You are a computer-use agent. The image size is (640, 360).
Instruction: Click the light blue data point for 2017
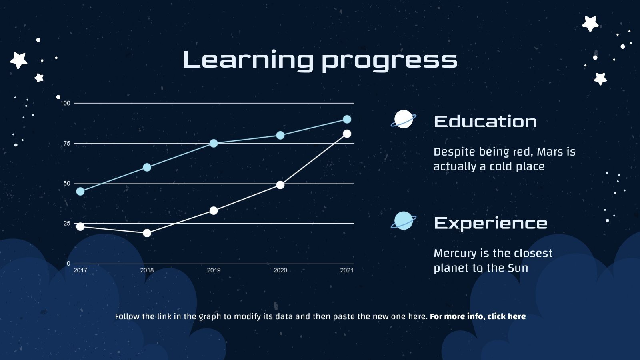point(80,191)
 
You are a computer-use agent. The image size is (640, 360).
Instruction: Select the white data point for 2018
point(147,233)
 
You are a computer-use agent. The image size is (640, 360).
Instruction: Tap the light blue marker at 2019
point(214,143)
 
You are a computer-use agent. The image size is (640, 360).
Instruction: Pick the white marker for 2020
point(280,185)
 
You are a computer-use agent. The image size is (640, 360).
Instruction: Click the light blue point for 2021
point(347,119)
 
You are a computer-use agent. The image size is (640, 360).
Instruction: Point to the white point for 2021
point(347,134)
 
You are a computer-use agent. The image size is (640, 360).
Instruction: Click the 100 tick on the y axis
point(65,103)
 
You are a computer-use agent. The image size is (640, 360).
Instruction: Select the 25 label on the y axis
point(66,223)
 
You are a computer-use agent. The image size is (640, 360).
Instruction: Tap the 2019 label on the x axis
point(214,270)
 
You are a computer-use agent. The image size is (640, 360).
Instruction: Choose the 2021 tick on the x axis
point(347,270)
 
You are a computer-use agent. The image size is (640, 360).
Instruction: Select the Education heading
point(485,122)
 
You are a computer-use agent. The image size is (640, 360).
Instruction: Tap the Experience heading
point(490,223)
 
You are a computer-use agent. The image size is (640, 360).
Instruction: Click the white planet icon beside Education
point(403,119)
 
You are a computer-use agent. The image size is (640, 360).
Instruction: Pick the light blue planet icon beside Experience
point(403,221)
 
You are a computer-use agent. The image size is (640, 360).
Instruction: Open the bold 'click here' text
point(506,316)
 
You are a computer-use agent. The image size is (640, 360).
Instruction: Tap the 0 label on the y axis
point(68,263)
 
